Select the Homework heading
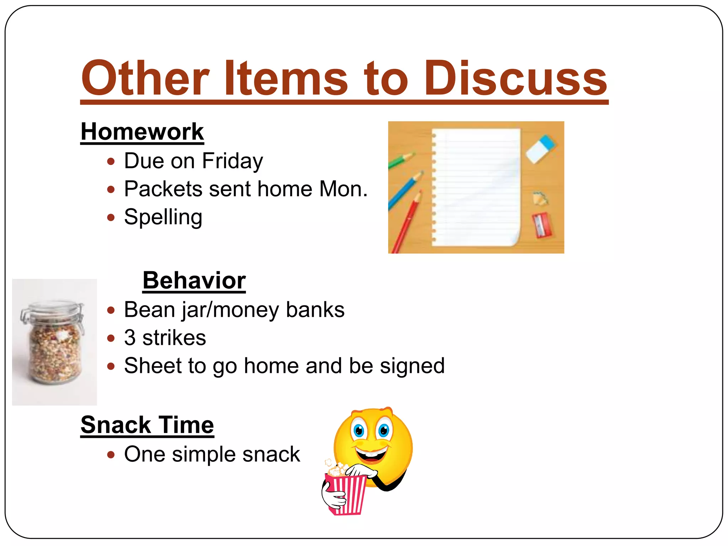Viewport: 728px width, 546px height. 142,132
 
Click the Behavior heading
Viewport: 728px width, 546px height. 194,280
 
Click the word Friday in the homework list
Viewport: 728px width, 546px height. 232,161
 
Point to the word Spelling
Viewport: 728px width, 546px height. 163,217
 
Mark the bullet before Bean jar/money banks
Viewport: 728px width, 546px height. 111,310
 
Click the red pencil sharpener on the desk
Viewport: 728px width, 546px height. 542,225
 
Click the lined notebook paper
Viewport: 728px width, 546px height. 476,187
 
